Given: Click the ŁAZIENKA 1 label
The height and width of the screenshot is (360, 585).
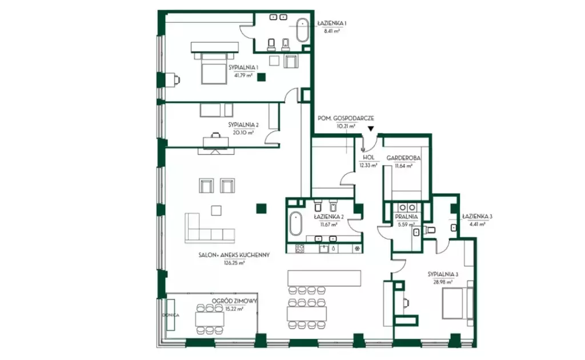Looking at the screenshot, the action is tap(332, 23).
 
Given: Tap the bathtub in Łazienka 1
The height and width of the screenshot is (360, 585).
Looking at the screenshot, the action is tap(302, 30).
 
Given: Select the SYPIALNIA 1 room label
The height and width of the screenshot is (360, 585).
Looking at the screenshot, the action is tap(243, 67).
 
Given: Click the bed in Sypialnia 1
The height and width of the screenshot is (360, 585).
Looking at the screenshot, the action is tap(214, 68).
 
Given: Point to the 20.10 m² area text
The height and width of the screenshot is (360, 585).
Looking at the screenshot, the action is tap(243, 133).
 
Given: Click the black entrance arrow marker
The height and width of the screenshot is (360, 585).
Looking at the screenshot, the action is tap(370, 129).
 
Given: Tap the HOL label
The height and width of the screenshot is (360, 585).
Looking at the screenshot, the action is tap(368, 158).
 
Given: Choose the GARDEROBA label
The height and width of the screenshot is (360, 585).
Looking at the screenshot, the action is tap(403, 158).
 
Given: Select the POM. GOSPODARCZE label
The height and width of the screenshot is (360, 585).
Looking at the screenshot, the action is tap(346, 118).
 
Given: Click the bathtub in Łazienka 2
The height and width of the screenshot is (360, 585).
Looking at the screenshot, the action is tap(295, 223).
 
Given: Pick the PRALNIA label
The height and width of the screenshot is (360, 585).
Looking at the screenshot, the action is tap(406, 217).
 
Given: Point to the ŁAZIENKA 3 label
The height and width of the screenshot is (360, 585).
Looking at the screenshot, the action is tap(477, 217).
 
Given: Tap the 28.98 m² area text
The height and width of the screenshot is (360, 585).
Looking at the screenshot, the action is tap(443, 282).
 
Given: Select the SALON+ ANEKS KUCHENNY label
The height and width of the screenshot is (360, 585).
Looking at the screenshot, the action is tap(234, 255).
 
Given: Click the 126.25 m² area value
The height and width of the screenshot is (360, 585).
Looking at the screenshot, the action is tap(234, 263).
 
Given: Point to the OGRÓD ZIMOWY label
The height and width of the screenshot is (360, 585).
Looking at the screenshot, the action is tap(234, 301).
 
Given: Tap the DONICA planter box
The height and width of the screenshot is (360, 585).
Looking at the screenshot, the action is tap(170, 315).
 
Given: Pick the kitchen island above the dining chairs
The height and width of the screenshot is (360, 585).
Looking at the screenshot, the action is tap(324, 278).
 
